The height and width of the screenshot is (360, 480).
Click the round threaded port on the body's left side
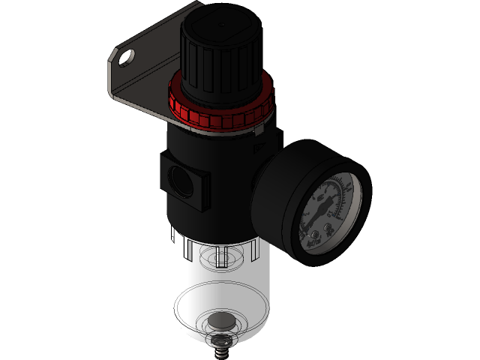(x=181, y=178)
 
